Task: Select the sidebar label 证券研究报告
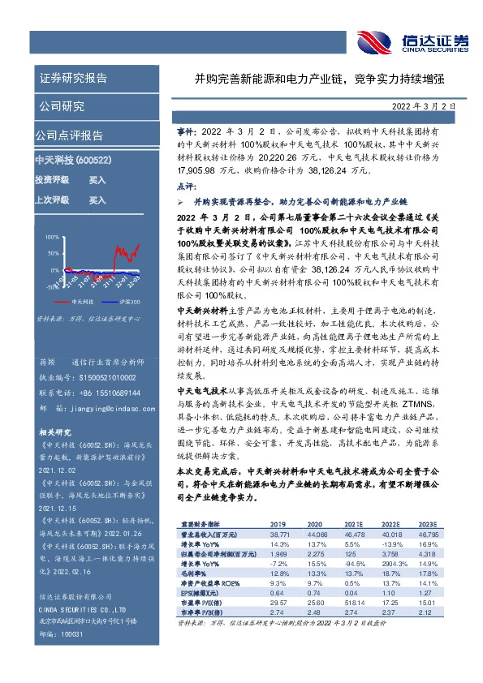[x=72, y=79]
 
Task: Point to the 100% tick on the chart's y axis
[x=52, y=238]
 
